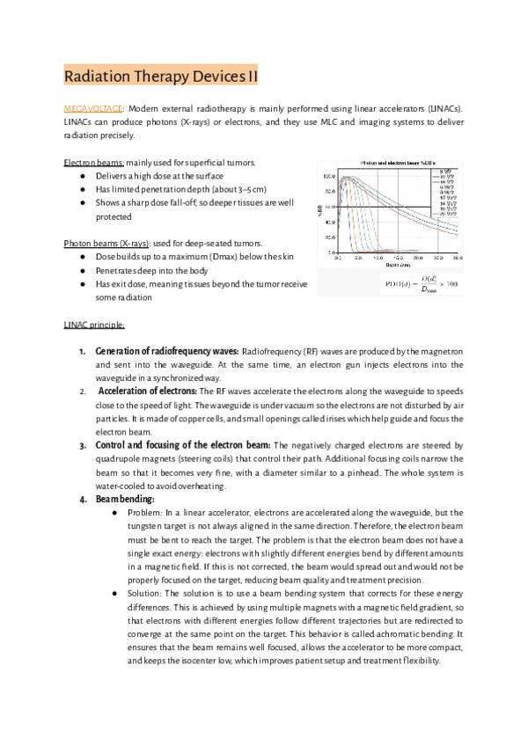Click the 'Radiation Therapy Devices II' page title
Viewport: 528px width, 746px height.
pos(162,76)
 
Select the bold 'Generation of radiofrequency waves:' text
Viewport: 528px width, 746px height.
pos(166,351)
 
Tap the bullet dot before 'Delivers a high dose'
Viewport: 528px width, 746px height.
pos(82,176)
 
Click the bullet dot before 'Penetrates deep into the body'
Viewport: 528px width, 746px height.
pos(82,270)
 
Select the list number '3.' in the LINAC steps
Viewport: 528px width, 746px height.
pos(83,445)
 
